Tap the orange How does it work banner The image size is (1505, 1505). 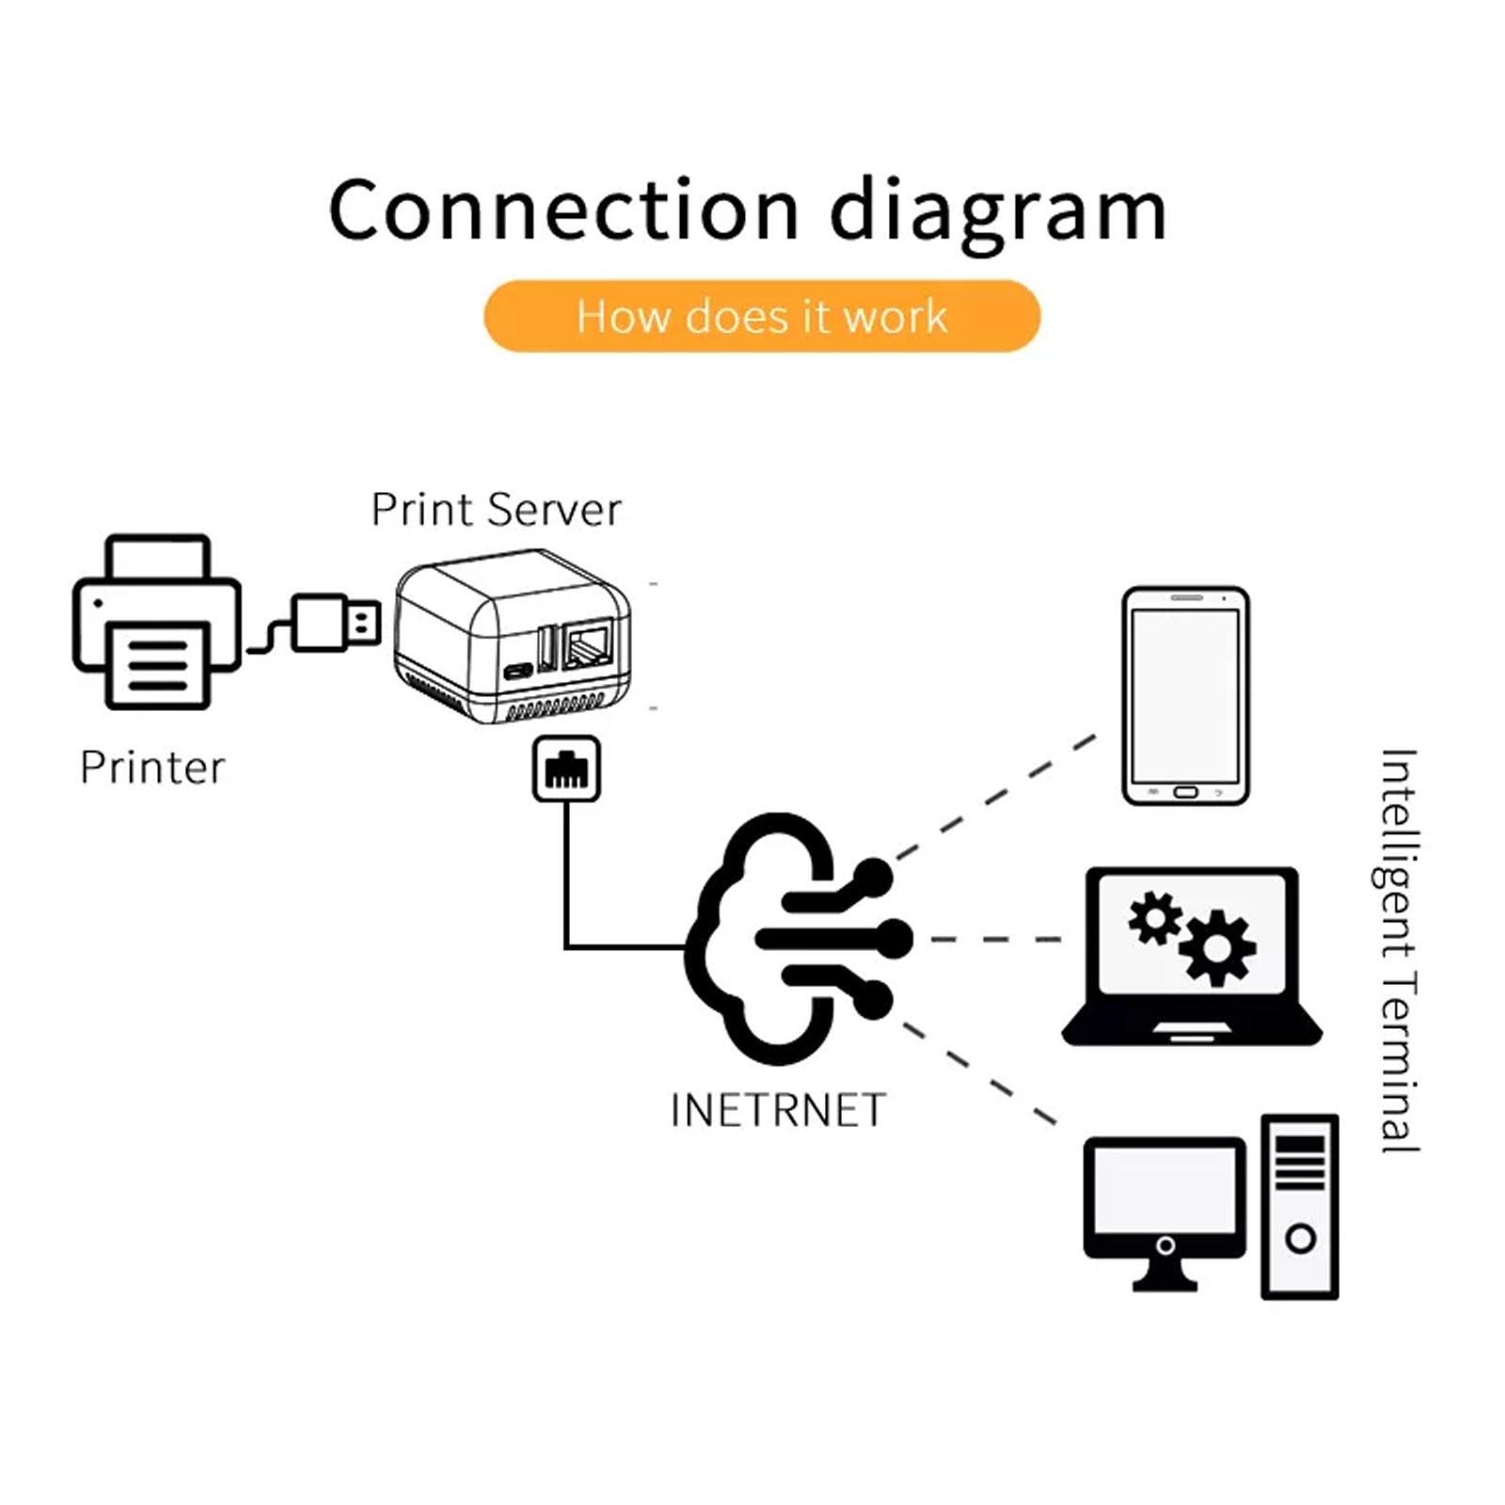click(762, 316)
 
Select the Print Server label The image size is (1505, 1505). click(496, 511)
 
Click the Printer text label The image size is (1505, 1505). click(152, 768)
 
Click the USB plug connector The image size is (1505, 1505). click(334, 622)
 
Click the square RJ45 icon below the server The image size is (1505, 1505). click(566, 768)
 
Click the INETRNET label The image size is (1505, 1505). click(778, 1111)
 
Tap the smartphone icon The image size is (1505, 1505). click(1185, 696)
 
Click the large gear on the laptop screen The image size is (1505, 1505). click(1218, 948)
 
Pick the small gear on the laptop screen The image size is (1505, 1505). click(1155, 917)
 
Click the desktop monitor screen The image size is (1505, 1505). click(1164, 1189)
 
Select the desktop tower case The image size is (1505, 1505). click(1300, 1207)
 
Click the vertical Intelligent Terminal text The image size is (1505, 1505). click(1399, 950)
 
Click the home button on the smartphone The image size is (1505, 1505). click(1185, 793)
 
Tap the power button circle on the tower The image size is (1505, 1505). click(1300, 1239)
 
